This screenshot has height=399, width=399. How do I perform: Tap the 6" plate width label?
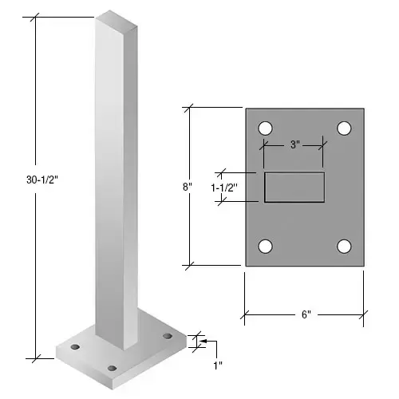click(305, 314)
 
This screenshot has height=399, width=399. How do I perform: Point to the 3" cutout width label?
click(294, 144)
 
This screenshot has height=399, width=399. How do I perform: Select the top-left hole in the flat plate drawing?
click(265, 128)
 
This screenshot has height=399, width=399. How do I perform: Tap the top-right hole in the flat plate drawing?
click(344, 128)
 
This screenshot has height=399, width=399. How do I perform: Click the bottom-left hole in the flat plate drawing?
click(265, 246)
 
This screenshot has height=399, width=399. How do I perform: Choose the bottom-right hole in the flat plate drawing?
click(344, 246)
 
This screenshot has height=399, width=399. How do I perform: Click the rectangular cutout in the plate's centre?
click(294, 187)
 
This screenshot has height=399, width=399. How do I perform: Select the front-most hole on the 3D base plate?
click(111, 368)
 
